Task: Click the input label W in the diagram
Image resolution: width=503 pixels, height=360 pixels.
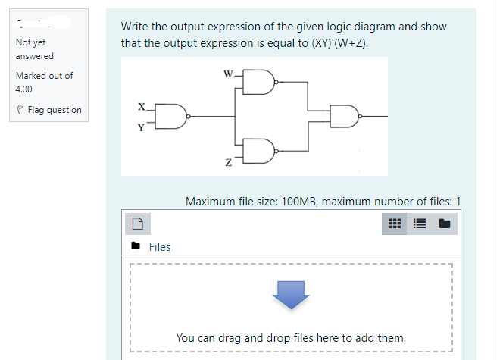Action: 227,74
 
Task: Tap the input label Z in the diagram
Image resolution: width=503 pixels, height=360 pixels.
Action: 227,162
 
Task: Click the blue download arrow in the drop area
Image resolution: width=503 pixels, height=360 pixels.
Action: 292,296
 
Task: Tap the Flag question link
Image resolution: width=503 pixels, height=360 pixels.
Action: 54,110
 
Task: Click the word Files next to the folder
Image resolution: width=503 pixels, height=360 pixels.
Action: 160,246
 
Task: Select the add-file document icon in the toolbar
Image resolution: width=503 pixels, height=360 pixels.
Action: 137,224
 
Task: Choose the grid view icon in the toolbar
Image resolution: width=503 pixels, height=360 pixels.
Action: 394,224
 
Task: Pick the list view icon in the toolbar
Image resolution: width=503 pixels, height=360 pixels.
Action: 419,224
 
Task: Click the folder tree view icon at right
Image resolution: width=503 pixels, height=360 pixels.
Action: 444,224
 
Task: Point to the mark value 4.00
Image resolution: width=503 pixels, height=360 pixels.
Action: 24,88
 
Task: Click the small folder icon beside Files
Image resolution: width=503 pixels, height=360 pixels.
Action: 136,246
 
